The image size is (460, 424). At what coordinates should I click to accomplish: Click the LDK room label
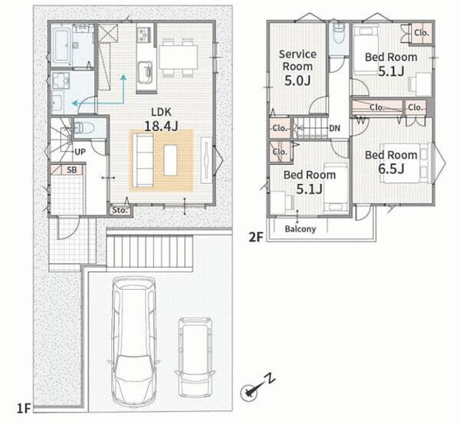tap(161, 112)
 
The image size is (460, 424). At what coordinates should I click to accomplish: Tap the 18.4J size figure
tap(161, 127)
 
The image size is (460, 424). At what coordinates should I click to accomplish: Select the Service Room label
tap(297, 60)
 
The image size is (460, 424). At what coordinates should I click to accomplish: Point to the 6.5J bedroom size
tap(391, 169)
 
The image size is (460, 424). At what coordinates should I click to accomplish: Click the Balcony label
tap(301, 229)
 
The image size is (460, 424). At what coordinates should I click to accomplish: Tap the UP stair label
tap(80, 152)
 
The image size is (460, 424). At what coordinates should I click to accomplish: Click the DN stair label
tap(334, 128)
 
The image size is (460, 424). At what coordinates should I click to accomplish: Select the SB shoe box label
tap(72, 170)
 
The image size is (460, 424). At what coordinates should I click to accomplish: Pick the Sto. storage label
tap(120, 210)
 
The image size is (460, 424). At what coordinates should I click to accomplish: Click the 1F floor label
tap(24, 408)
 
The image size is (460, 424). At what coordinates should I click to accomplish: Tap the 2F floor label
tap(256, 237)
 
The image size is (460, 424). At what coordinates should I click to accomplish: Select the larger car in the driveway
tap(133, 341)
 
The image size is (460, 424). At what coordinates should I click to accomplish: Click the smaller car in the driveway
tap(195, 358)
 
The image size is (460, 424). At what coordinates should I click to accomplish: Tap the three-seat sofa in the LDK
tap(143, 160)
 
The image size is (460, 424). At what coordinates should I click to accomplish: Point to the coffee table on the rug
tap(170, 160)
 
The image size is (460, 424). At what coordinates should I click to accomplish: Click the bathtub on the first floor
tap(61, 46)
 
